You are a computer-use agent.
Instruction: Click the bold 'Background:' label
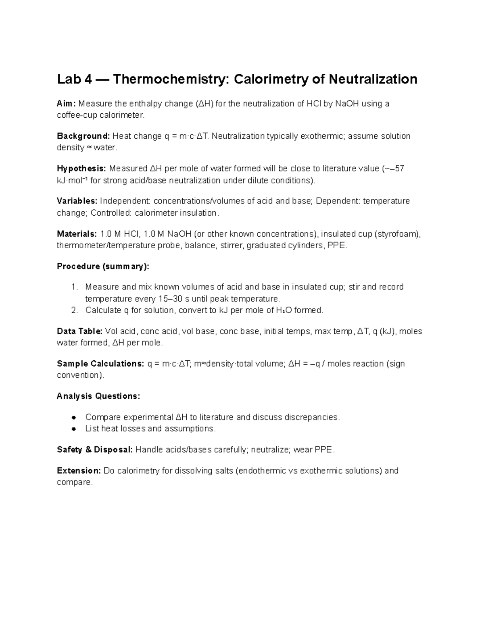(83, 136)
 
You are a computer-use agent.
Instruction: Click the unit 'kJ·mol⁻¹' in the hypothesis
(72, 181)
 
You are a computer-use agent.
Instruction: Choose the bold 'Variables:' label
(77, 201)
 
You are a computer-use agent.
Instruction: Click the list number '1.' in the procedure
(74, 287)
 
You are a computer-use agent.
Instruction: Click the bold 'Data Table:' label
(79, 331)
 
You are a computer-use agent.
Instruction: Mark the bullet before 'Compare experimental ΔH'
(74, 417)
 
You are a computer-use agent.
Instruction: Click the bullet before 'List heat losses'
(74, 429)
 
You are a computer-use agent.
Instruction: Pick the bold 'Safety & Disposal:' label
(95, 450)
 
